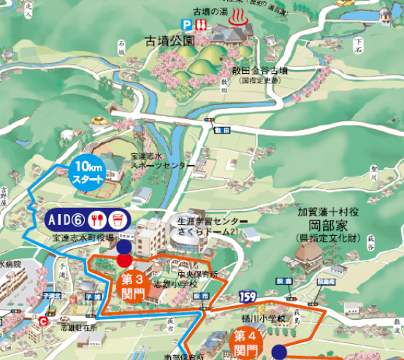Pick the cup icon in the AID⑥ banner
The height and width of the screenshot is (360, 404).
click(x=115, y=219)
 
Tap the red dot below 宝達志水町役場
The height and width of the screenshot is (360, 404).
click(x=124, y=260)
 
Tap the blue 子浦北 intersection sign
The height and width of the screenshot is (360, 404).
click(x=53, y=296)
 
